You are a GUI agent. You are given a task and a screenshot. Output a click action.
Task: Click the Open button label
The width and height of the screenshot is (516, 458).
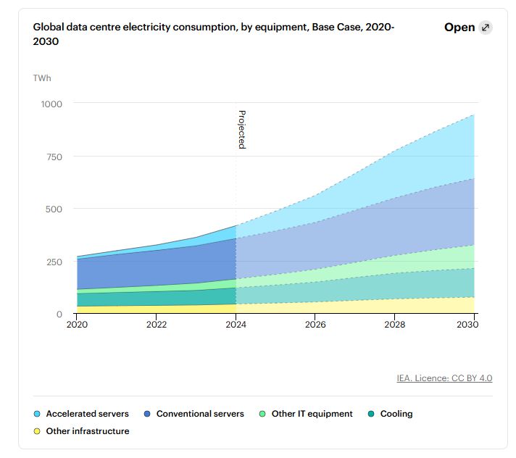(x=459, y=28)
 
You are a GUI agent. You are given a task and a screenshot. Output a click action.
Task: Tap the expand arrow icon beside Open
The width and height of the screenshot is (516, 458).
(x=486, y=28)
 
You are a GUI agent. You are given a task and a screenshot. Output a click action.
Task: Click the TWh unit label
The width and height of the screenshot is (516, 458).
(x=42, y=78)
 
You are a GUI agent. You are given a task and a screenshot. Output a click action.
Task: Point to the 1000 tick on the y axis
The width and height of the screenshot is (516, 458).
(x=51, y=104)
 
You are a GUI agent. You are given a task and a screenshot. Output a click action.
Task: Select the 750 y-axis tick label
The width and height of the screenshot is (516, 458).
(x=54, y=157)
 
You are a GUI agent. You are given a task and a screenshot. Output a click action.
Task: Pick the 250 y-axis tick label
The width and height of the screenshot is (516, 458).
(x=54, y=262)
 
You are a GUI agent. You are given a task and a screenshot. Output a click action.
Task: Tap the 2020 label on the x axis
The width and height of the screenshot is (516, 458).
(x=76, y=325)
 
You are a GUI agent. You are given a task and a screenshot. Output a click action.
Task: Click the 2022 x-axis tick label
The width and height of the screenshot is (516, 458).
(x=157, y=325)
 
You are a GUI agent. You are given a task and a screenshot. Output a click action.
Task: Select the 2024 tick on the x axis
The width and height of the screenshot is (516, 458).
(x=236, y=325)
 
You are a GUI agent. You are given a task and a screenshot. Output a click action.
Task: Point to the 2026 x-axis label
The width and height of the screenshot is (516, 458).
(x=315, y=325)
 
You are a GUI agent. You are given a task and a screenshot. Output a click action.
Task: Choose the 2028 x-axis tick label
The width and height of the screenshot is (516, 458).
(x=395, y=325)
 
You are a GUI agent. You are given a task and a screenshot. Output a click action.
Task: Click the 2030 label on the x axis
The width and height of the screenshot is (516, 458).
(x=474, y=325)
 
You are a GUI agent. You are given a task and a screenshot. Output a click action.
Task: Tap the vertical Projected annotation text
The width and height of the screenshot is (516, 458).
(x=242, y=130)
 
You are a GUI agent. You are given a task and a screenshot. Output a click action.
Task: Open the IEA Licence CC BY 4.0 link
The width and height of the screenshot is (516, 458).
(x=444, y=378)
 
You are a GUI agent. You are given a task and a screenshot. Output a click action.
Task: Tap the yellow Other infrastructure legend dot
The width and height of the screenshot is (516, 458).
(x=37, y=431)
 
